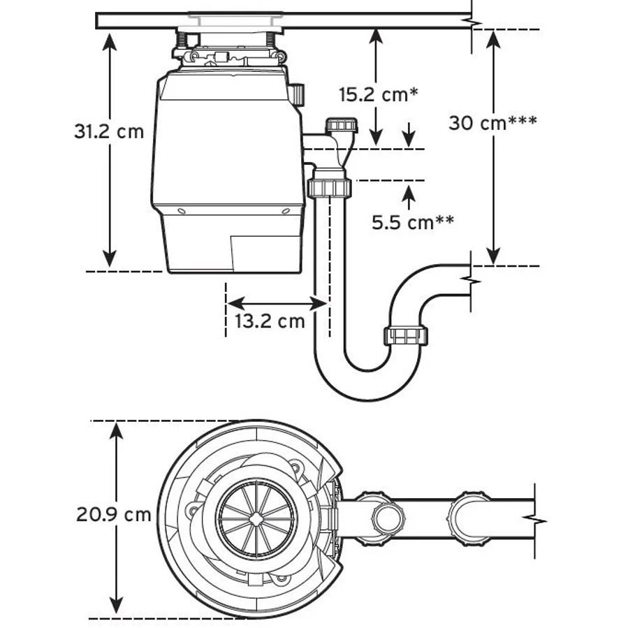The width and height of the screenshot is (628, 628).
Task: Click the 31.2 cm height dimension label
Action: (109, 131)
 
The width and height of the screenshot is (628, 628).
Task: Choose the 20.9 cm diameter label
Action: (113, 515)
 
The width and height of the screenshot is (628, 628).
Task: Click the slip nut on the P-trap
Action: (405, 335)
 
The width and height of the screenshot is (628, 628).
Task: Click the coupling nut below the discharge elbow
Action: (327, 187)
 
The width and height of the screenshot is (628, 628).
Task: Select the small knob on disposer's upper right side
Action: (298, 94)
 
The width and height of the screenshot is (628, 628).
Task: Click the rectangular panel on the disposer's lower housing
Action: (265, 251)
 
